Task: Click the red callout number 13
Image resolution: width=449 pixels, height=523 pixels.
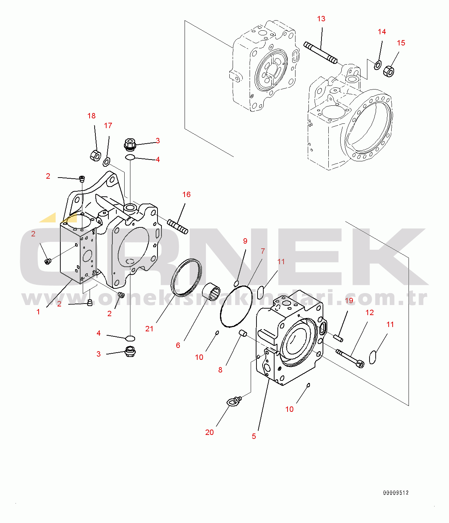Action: tap(321, 19)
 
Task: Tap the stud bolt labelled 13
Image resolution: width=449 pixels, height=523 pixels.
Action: tap(320, 53)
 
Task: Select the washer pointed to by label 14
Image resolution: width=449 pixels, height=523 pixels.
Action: tap(377, 65)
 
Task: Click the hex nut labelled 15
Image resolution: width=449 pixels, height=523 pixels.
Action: tap(389, 71)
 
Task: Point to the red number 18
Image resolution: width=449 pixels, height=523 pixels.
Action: tap(91, 116)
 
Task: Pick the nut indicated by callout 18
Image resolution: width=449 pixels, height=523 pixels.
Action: tap(95, 155)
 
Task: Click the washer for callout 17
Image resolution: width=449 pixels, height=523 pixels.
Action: tap(106, 162)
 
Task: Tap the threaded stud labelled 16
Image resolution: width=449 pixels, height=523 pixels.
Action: tap(177, 227)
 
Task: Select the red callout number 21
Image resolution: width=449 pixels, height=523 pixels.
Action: tap(149, 329)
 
